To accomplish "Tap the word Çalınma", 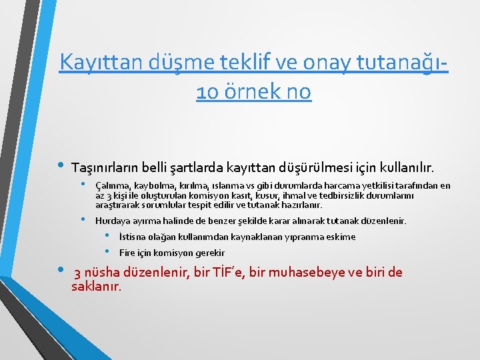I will tap(112, 185).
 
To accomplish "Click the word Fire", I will tap(127, 253).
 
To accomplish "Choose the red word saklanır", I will tap(96, 287).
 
